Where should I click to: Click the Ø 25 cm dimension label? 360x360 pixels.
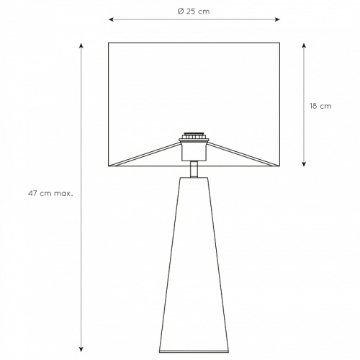click(x=194, y=12)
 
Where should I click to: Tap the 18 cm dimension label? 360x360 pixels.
click(x=320, y=106)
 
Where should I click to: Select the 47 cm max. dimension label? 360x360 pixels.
click(x=50, y=194)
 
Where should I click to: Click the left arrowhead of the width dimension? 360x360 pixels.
click(x=111, y=19)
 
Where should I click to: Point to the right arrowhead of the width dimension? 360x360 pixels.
click(x=277, y=19)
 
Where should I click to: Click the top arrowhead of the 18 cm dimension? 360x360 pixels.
click(x=304, y=45)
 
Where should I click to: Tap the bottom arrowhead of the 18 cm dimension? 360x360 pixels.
click(x=304, y=164)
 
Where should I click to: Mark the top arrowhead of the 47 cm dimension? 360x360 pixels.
click(x=81, y=46)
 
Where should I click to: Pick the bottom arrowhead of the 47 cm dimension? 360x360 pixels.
click(x=81, y=349)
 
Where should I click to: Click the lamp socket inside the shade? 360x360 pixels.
click(x=194, y=151)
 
